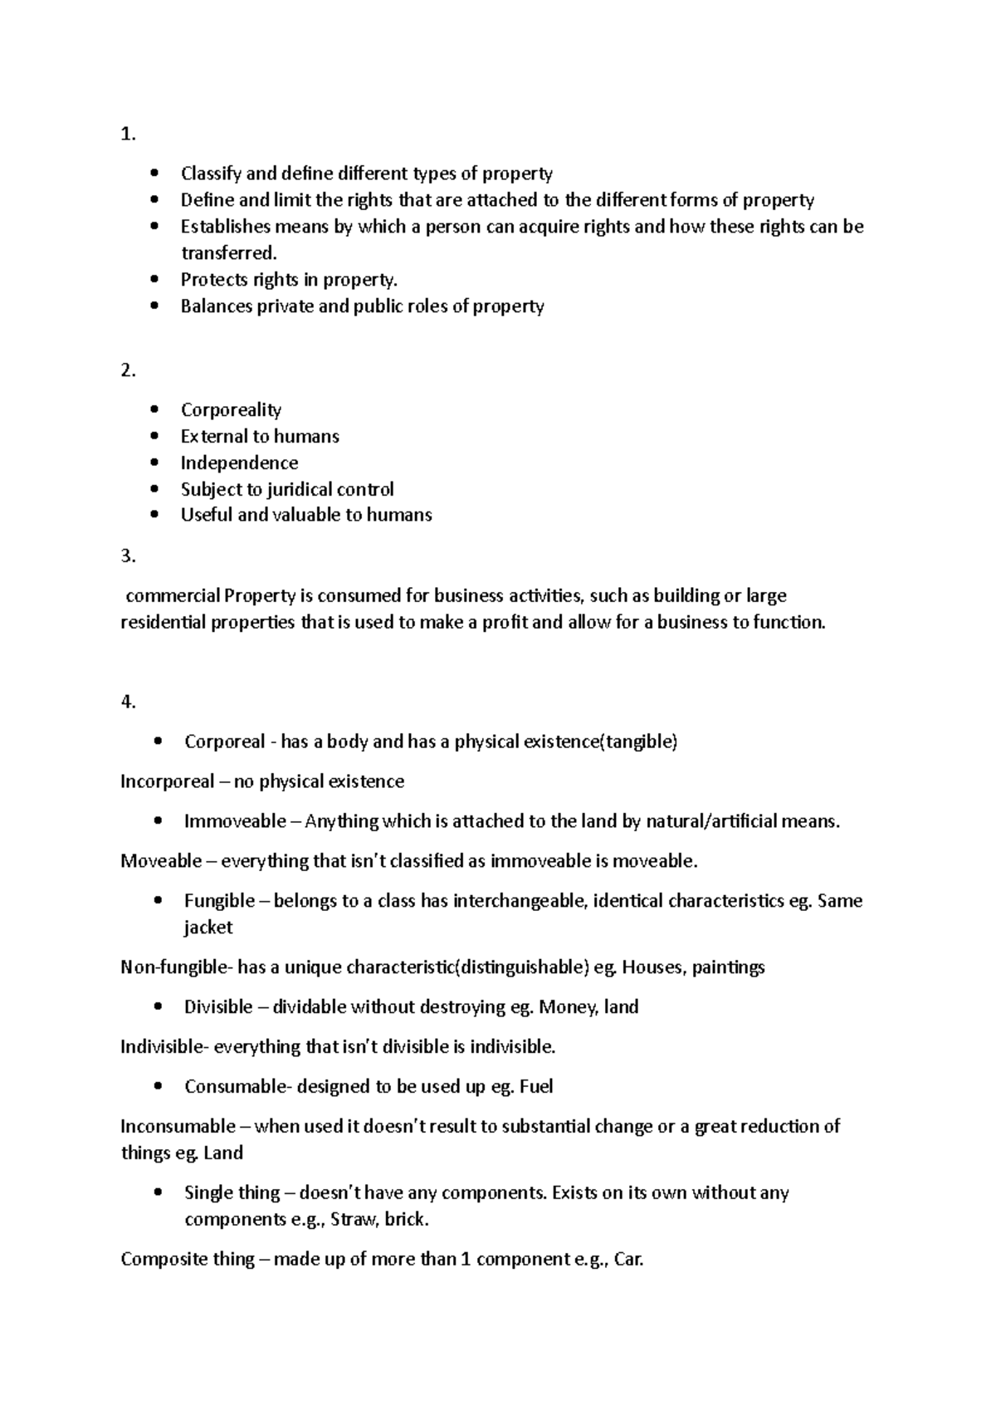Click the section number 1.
(127, 135)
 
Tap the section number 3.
(127, 556)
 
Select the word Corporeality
(231, 410)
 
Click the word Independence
(239, 463)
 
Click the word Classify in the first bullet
(211, 174)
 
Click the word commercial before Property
(173, 595)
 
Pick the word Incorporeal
(167, 781)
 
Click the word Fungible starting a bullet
(219, 901)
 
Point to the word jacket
(207, 928)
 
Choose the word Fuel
(535, 1087)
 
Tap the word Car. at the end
(628, 1260)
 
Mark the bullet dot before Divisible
(158, 1007)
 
